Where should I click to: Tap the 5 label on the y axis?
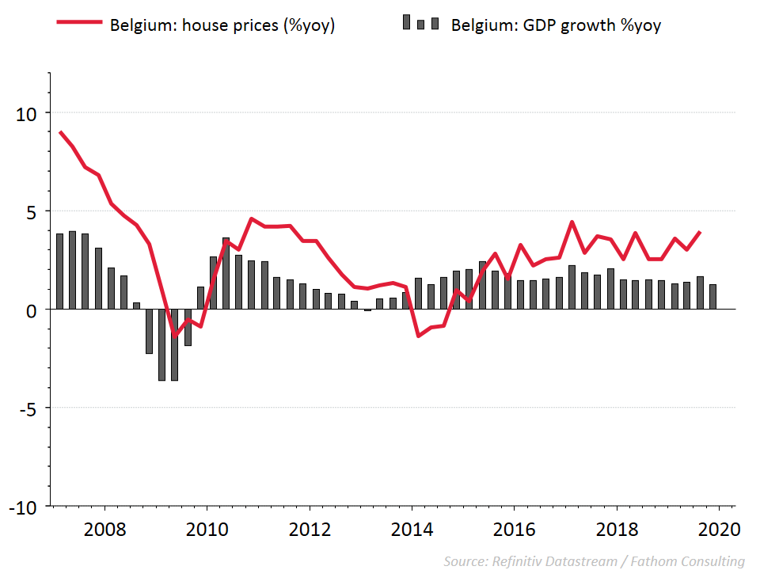32,212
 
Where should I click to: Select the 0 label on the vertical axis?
32,310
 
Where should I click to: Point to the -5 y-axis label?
27,409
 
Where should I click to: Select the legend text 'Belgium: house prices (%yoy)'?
222,25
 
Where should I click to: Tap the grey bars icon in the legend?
420,22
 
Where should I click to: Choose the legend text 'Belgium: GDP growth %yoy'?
556,25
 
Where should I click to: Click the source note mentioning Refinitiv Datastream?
594,561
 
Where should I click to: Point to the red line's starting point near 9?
61,132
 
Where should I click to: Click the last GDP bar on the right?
712,297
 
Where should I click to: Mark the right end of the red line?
700,232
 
